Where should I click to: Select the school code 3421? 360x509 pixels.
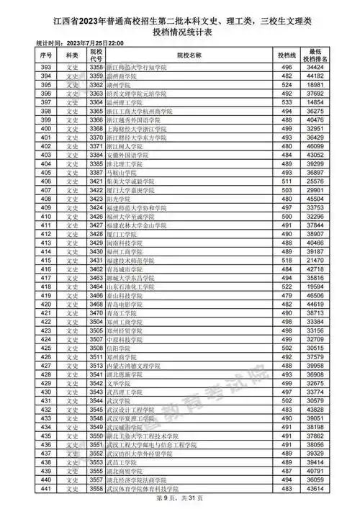[96, 181]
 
